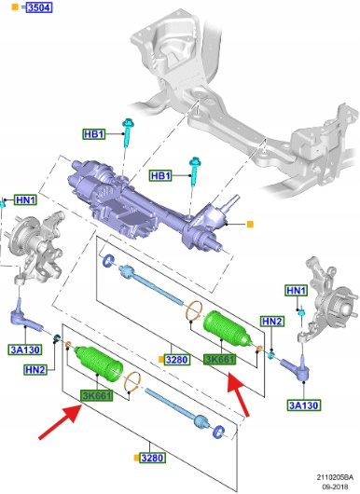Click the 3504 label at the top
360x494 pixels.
(x=39, y=7)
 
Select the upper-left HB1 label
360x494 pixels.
(x=93, y=134)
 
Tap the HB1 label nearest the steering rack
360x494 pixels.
(x=160, y=175)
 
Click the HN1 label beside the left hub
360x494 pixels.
(x=26, y=199)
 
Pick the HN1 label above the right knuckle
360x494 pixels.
(x=297, y=291)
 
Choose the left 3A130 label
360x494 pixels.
(x=25, y=350)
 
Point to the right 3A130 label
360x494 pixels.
(x=303, y=405)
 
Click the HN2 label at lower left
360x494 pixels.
(x=35, y=369)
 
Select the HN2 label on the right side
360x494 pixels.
(x=272, y=322)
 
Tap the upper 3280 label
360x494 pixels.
(x=177, y=360)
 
